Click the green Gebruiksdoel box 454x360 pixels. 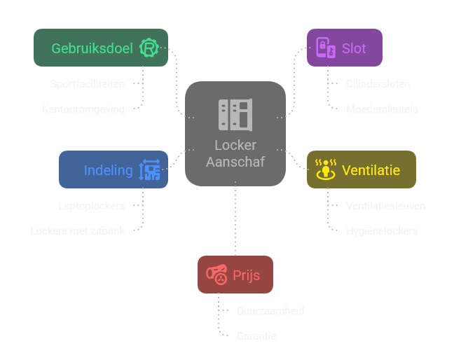coord(100,48)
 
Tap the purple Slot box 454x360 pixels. coord(344,48)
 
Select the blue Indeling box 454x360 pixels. coord(113,169)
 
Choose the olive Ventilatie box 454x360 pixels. coord(361,169)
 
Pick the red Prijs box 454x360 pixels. coord(235,275)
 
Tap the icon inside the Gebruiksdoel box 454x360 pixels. coord(149,48)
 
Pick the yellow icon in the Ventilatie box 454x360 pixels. coord(324,170)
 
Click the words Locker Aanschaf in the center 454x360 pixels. coord(235,153)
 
